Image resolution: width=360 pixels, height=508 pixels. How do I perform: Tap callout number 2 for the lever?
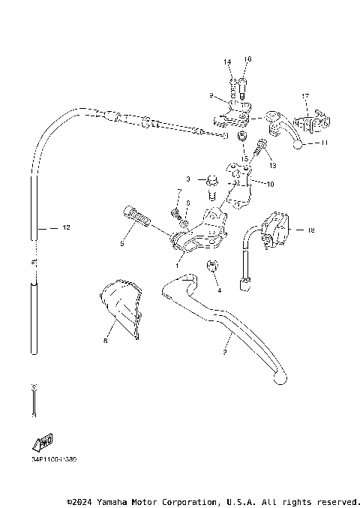click(x=224, y=351)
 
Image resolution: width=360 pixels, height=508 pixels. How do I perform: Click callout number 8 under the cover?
click(x=106, y=340)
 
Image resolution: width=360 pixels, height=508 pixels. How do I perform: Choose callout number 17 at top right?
click(x=305, y=97)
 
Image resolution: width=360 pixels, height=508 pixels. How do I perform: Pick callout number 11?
click(x=324, y=142)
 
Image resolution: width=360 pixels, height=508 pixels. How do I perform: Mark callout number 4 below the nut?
click(x=219, y=289)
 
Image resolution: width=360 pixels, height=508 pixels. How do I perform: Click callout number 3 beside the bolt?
click(x=189, y=179)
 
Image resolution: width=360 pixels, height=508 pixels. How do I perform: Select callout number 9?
click(x=211, y=96)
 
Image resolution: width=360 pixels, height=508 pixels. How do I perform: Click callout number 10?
click(x=271, y=184)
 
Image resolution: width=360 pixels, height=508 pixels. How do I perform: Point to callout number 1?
click(x=178, y=265)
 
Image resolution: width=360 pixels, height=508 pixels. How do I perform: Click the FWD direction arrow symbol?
click(x=43, y=443)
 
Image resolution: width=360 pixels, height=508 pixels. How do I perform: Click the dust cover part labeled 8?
click(x=120, y=308)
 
